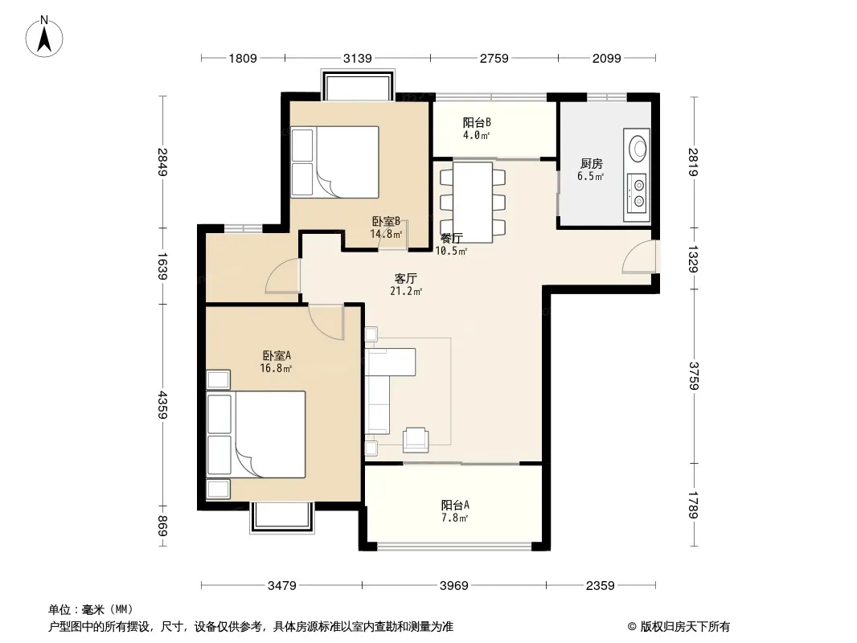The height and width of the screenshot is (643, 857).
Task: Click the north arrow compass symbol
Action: click(x=44, y=37)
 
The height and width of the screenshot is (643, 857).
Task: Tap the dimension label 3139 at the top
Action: click(x=358, y=58)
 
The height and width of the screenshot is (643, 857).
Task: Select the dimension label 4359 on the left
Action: click(x=162, y=404)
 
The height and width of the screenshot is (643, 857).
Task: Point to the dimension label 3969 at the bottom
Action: click(x=453, y=586)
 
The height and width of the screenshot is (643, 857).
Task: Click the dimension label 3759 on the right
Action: click(x=693, y=376)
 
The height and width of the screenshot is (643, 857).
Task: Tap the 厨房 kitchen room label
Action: click(x=592, y=163)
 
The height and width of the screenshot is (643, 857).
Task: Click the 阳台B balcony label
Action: click(x=477, y=122)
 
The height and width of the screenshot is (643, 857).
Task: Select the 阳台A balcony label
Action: click(x=455, y=505)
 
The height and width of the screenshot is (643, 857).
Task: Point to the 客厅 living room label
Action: click(x=405, y=279)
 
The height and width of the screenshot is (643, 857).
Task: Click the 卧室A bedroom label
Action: click(x=277, y=355)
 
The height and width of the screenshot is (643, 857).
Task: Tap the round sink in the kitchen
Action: click(x=638, y=147)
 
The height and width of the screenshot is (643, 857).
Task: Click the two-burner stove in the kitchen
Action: click(x=637, y=194)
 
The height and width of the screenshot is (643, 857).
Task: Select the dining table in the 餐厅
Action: click(x=473, y=202)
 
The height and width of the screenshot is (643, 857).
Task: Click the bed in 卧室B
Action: click(x=334, y=162)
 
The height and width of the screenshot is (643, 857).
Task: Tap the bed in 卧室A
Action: click(x=255, y=434)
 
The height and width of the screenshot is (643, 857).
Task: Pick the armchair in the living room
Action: click(x=416, y=440)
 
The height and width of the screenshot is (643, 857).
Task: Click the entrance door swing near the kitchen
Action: click(x=639, y=256)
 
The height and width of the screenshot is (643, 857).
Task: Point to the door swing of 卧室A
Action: click(x=326, y=322)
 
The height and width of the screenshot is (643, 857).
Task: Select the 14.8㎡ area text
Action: click(x=386, y=235)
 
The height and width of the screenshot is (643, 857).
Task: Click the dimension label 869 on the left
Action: click(x=162, y=526)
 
